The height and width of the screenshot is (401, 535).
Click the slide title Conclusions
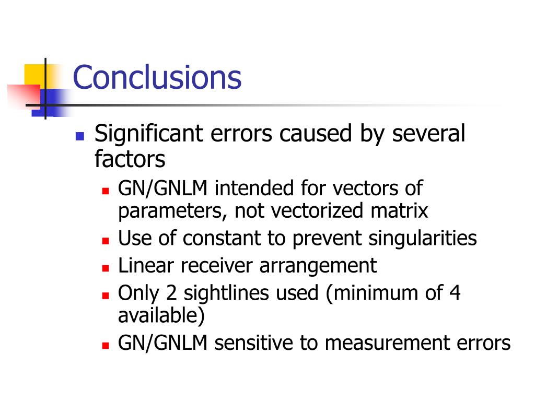tap(157, 77)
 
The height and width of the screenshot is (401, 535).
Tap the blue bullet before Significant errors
tap(80, 136)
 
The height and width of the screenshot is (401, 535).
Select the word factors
tap(130, 159)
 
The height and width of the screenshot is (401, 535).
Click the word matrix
tap(399, 210)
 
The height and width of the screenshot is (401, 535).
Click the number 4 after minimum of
tap(455, 293)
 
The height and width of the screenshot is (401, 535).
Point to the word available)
tap(161, 315)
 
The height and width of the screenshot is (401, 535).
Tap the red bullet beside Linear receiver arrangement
tap(106, 268)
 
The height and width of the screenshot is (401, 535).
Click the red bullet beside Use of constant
tap(106, 241)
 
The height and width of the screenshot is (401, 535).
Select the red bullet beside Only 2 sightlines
tap(106, 296)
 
